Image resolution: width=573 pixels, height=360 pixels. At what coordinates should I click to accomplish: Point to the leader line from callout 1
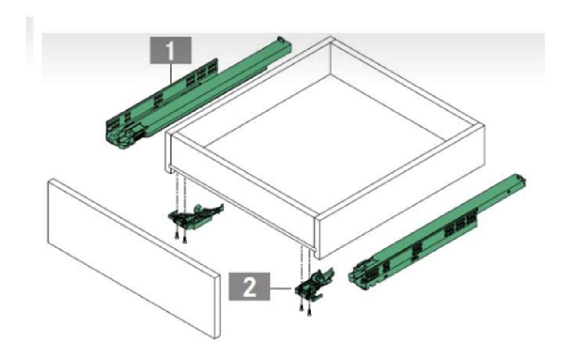172,74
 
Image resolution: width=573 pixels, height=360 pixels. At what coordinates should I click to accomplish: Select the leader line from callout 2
282,289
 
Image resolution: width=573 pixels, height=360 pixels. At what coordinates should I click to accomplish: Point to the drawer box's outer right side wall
402,210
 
